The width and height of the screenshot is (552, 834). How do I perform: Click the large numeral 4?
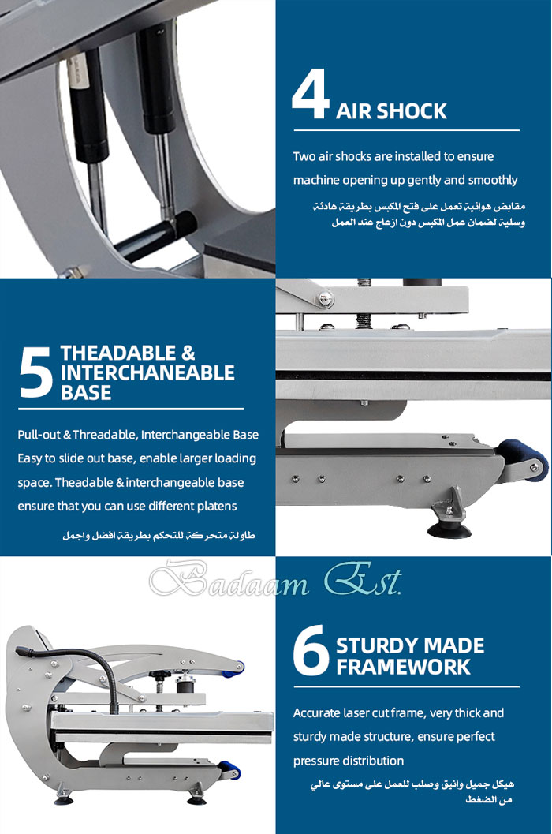pyautogui.click(x=310, y=95)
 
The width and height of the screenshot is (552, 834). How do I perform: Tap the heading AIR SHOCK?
pyautogui.click(x=391, y=111)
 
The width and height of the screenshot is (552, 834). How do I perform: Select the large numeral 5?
pyautogui.click(x=35, y=372)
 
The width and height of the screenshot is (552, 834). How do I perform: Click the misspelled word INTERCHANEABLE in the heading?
pyautogui.click(x=147, y=373)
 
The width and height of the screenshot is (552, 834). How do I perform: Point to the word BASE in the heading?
pyautogui.click(x=86, y=392)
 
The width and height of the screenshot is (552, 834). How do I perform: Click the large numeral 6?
pyautogui.click(x=311, y=650)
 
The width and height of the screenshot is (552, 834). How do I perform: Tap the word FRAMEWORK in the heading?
pyautogui.click(x=403, y=667)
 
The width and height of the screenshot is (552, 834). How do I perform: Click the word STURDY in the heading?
pyautogui.click(x=375, y=645)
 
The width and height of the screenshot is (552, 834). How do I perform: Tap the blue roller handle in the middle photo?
pyautogui.click(x=524, y=458)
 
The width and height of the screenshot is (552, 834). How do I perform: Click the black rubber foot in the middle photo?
pyautogui.click(x=449, y=529)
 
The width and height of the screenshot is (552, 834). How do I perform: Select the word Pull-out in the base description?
pyautogui.click(x=39, y=435)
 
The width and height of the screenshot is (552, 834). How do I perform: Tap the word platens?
pyautogui.click(x=218, y=507)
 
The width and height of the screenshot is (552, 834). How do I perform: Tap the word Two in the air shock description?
pyautogui.click(x=304, y=156)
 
